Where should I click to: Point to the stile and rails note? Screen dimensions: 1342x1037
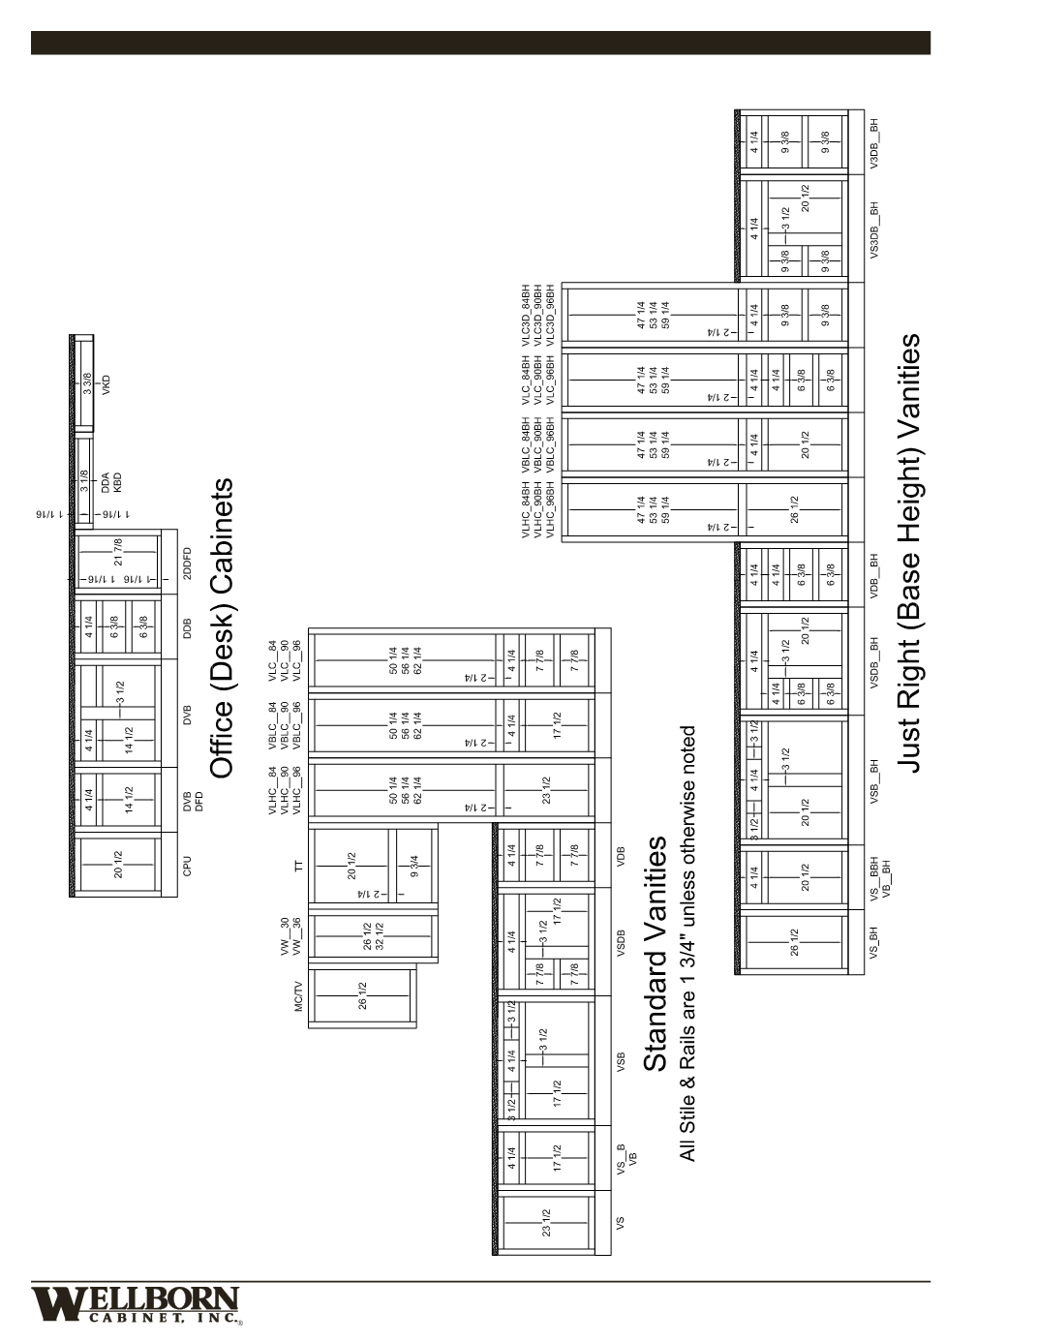click(x=687, y=943)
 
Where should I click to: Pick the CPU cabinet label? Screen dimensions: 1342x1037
click(x=188, y=866)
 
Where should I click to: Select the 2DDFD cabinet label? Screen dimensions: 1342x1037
click(x=188, y=564)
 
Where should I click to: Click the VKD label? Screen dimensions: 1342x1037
click(x=107, y=383)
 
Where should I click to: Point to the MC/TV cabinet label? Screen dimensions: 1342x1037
click(x=298, y=996)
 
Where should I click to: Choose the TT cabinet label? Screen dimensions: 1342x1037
click(x=299, y=865)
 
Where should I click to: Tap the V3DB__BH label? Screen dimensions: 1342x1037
click(x=873, y=142)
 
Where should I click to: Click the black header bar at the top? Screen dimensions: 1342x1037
click(x=480, y=43)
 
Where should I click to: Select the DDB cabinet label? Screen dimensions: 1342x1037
click(x=188, y=626)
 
